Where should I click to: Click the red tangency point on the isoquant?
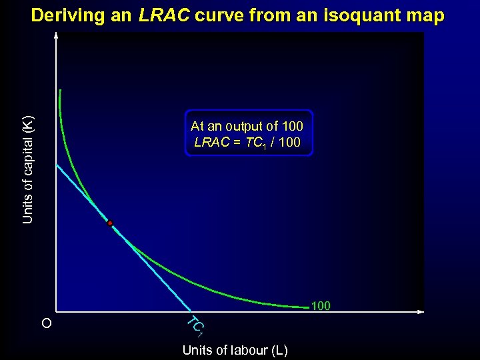tap(110, 223)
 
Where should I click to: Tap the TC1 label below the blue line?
tap(194, 325)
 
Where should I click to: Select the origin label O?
tap(45, 324)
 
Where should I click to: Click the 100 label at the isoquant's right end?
tap(321, 307)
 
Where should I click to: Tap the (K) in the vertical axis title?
tap(27, 125)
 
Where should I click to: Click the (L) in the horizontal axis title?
tap(279, 350)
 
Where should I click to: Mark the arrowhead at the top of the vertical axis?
tap(57, 35)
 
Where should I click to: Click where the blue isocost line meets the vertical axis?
tap(57, 164)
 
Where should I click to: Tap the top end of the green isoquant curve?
tap(60, 90)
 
